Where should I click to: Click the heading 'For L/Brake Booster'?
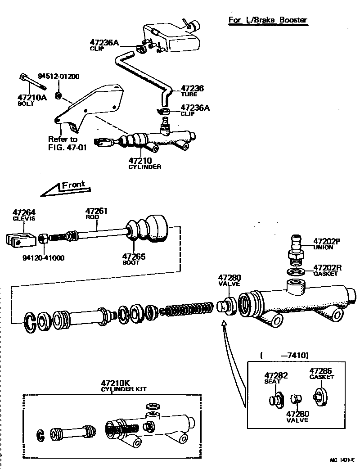pos(268,20)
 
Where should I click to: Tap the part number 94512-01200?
pos(58,77)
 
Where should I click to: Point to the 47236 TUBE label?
pos(192,91)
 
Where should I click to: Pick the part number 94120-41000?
pos(44,258)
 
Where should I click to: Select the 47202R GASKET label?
pos(327,270)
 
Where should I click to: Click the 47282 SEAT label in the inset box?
pos(276,378)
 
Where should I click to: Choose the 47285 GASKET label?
pos(321,374)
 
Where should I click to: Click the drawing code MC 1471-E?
pos(342,460)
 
